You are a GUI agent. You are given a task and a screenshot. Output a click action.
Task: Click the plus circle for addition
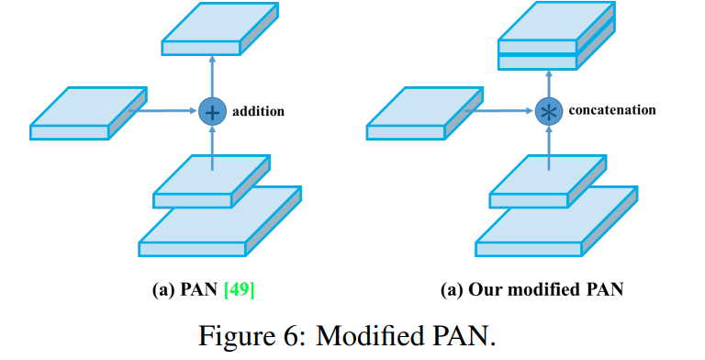pyautogui.click(x=212, y=111)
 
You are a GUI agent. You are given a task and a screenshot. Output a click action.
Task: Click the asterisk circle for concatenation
pyautogui.click(x=549, y=111)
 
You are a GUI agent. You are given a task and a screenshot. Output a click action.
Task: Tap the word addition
pyautogui.click(x=258, y=111)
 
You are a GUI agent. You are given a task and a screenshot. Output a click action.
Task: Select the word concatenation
pyautogui.click(x=612, y=110)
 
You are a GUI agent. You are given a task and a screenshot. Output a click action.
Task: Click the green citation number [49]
pyautogui.click(x=240, y=289)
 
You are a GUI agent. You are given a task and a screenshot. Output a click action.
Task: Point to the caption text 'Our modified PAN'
pyautogui.click(x=546, y=289)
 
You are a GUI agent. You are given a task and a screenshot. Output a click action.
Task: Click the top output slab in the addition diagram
pyautogui.click(x=220, y=28)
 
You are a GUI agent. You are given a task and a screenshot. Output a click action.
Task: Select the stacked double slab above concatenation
pyautogui.click(x=556, y=36)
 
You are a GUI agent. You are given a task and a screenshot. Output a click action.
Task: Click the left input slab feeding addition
pyautogui.click(x=88, y=113)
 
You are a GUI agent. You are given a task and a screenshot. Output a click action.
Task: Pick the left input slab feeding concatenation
pyautogui.click(x=424, y=113)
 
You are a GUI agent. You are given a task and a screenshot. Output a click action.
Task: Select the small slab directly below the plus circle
pyautogui.click(x=212, y=181)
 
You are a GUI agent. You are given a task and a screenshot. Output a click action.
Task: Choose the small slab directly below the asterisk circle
pyautogui.click(x=548, y=181)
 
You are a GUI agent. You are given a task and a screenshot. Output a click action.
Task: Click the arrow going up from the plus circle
pyautogui.click(x=212, y=76)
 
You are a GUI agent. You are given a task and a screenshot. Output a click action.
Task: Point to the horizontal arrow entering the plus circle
pyautogui.click(x=164, y=110)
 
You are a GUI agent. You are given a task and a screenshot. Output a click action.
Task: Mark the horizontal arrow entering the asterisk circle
pyautogui.click(x=500, y=110)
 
